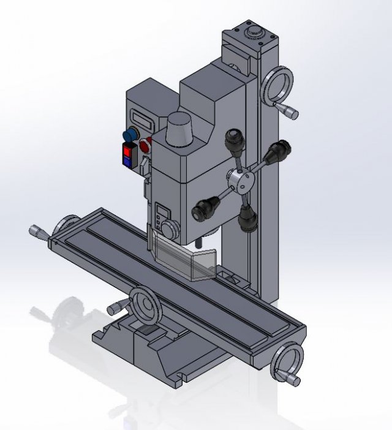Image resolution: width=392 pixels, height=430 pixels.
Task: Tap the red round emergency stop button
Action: pos(146,146)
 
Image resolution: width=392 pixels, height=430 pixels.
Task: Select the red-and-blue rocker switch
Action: pos(127,155)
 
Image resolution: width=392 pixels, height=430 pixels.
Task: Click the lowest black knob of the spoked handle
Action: pos(247,219)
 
